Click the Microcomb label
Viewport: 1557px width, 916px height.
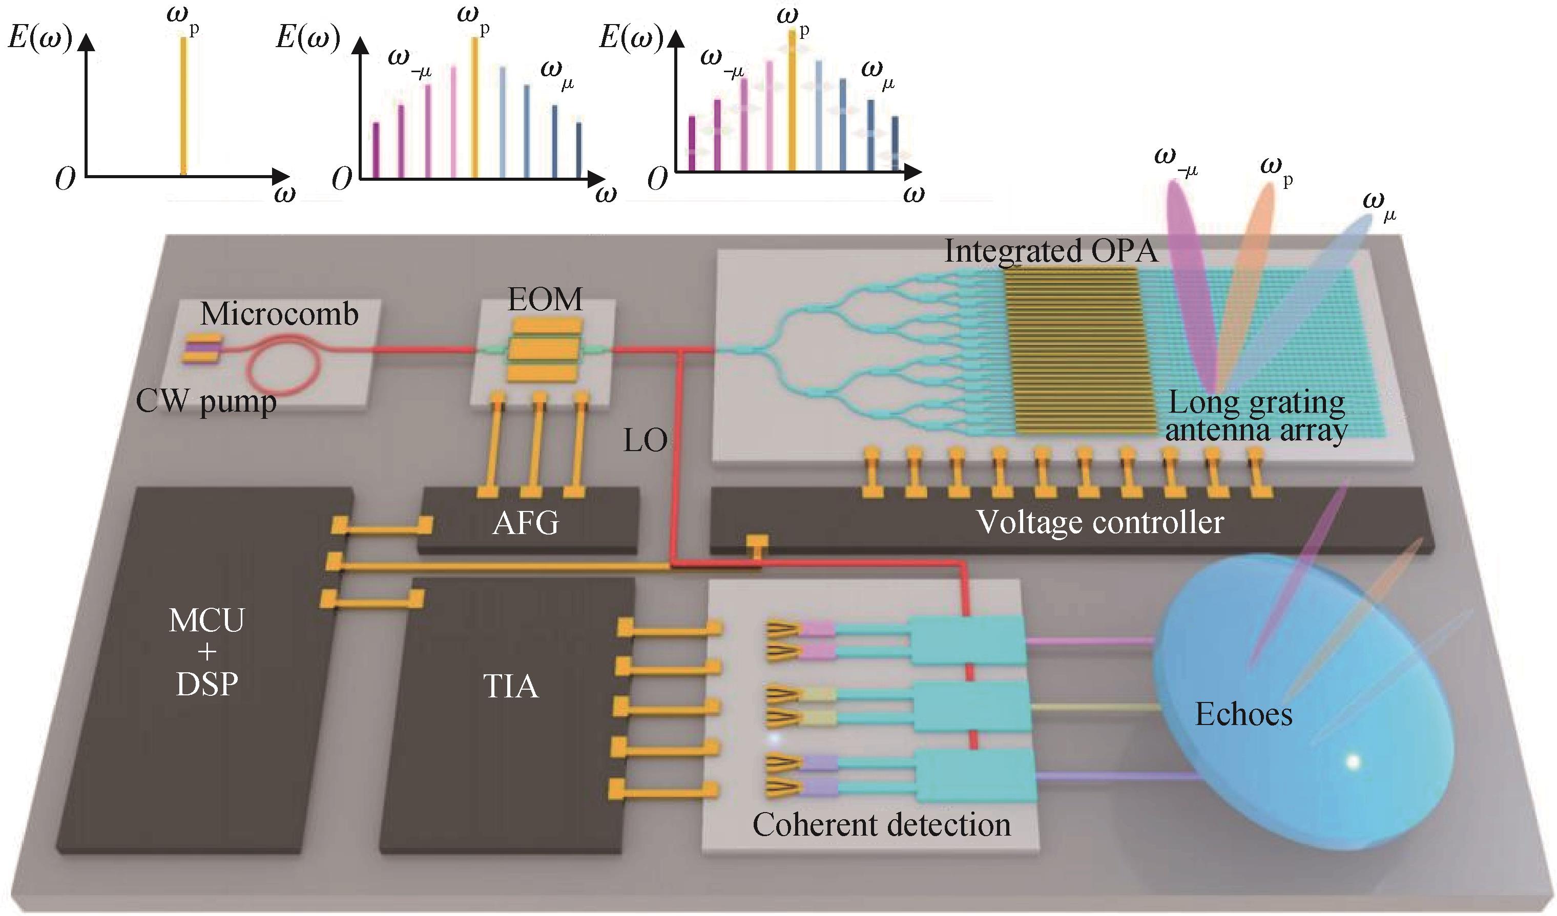click(x=279, y=314)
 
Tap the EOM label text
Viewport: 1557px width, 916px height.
click(x=545, y=300)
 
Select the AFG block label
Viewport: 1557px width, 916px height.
click(x=526, y=523)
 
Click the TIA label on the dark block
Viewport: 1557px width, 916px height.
click(x=510, y=686)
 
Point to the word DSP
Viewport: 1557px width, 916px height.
click(x=207, y=685)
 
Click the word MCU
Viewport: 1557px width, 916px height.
click(x=207, y=620)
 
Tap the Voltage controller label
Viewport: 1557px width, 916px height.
click(x=1100, y=523)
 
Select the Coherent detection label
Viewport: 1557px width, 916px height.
click(x=882, y=824)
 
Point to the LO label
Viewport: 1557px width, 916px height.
click(x=645, y=441)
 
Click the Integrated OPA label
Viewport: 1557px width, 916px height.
click(x=1051, y=251)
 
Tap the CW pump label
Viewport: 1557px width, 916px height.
click(x=206, y=401)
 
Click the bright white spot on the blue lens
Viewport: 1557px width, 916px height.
click(x=1353, y=761)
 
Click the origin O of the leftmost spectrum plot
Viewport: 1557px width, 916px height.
click(x=65, y=179)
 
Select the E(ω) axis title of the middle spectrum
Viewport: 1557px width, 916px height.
click(x=308, y=38)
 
